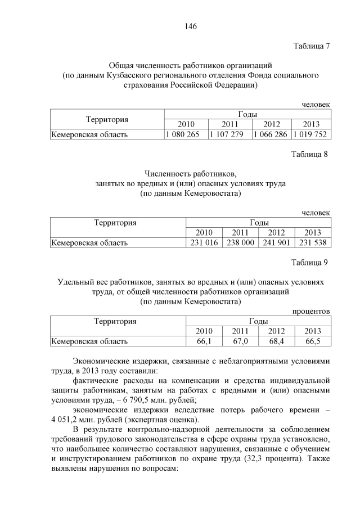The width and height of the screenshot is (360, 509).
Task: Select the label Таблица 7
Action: (x=311, y=46)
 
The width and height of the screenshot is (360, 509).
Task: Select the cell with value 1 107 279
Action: (x=229, y=134)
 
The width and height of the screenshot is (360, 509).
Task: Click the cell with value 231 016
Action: (x=204, y=243)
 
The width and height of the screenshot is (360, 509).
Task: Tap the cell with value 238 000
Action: (x=240, y=243)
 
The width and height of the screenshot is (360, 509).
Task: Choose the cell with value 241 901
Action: (x=276, y=243)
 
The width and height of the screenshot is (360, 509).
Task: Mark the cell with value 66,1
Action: (x=204, y=341)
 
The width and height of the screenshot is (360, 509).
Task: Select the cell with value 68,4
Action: (x=276, y=341)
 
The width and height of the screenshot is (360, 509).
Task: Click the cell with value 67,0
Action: (x=240, y=341)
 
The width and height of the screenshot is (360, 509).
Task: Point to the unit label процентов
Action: (x=311, y=311)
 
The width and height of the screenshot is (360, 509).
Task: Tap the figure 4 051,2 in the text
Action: (x=69, y=420)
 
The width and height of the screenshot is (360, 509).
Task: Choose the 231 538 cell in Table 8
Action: (x=313, y=243)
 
